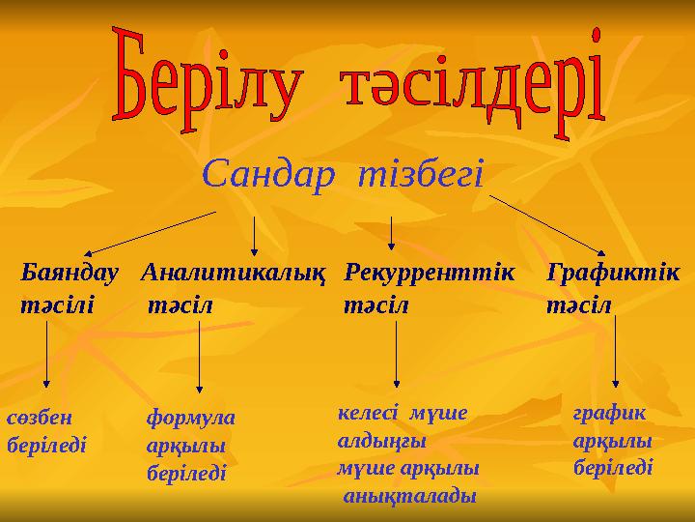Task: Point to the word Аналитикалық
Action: (232, 273)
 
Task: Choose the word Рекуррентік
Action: (430, 272)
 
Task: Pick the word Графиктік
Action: (612, 272)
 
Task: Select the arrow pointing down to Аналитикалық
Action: (253, 234)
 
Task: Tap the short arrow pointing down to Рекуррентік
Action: (390, 232)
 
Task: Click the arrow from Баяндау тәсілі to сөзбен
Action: (47, 355)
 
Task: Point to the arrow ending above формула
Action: (199, 355)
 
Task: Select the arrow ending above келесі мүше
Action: (397, 355)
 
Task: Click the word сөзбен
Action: (40, 419)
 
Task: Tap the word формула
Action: (190, 419)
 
